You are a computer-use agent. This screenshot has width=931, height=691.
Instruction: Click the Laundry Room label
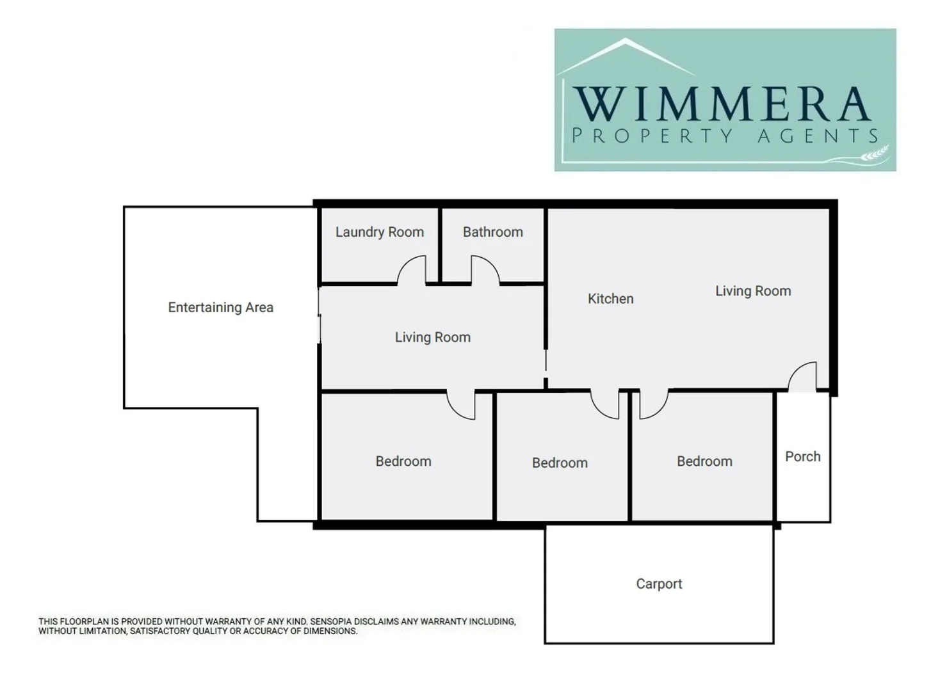(380, 232)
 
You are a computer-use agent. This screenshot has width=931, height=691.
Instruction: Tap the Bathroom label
(493, 232)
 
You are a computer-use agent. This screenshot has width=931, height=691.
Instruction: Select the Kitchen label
(611, 299)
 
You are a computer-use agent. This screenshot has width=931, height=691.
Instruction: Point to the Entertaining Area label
(221, 308)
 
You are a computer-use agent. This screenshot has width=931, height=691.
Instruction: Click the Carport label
(659, 584)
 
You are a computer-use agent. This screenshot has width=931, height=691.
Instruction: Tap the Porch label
(803, 457)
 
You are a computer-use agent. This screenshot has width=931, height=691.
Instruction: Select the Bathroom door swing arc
(485, 270)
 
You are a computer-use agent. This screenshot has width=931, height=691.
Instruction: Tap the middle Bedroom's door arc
(604, 406)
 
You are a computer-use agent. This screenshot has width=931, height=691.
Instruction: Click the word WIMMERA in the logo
(722, 103)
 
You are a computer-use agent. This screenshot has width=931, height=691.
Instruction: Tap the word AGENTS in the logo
(818, 136)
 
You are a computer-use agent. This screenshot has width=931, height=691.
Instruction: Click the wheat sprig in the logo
(875, 154)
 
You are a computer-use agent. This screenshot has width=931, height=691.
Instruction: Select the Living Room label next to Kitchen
(753, 291)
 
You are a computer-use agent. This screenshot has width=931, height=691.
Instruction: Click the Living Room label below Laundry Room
(433, 337)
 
